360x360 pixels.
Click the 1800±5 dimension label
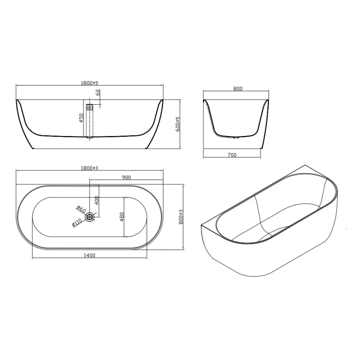pyautogui.click(x=89, y=83)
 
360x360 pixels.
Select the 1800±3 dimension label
pyautogui.click(x=89, y=168)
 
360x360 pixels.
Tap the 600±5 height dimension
pyautogui.click(x=178, y=124)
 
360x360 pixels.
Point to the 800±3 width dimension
pyautogui.click(x=181, y=217)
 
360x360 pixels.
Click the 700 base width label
pyautogui.click(x=232, y=155)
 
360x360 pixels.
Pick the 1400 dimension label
pyautogui.click(x=90, y=255)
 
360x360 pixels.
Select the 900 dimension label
pyautogui.click(x=126, y=177)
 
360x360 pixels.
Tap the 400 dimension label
pyautogui.click(x=96, y=201)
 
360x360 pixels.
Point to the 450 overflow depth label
pyautogui.click(x=81, y=118)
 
